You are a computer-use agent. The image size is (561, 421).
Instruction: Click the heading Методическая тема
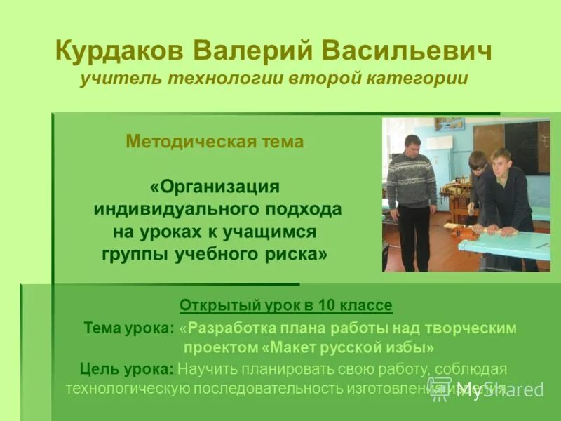click(215, 142)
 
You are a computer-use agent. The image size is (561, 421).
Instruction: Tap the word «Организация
click(215, 187)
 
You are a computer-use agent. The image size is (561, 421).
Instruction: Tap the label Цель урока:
click(127, 369)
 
